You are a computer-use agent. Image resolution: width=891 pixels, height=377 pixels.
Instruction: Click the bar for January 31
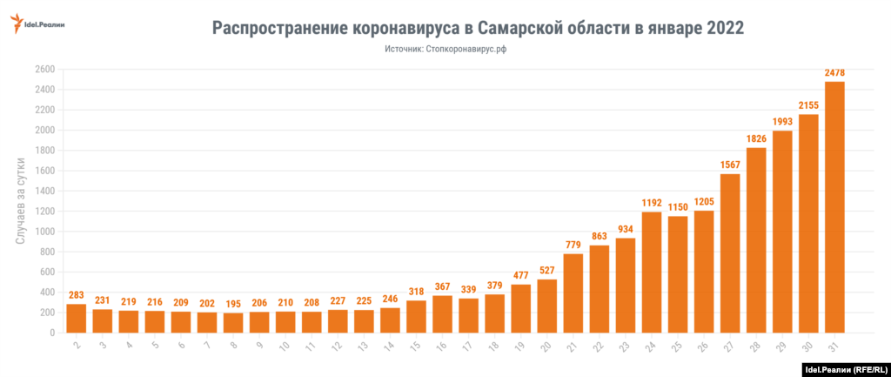tap(834, 207)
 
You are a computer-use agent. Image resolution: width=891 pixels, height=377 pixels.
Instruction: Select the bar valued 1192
tap(652, 273)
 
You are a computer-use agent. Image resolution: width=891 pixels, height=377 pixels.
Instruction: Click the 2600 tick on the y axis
tap(45, 70)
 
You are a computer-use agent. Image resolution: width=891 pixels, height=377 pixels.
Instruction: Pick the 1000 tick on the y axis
tap(45, 232)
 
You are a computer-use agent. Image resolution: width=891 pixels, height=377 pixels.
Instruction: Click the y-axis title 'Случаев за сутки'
tap(19, 201)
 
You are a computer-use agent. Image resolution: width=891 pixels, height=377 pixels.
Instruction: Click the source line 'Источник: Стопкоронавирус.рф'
tap(445, 50)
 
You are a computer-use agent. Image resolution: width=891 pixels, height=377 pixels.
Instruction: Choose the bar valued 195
tap(233, 323)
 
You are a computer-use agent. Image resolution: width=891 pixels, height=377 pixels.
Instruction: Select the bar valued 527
tap(547, 306)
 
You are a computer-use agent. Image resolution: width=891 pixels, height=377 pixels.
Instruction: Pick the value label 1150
tap(678, 207)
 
